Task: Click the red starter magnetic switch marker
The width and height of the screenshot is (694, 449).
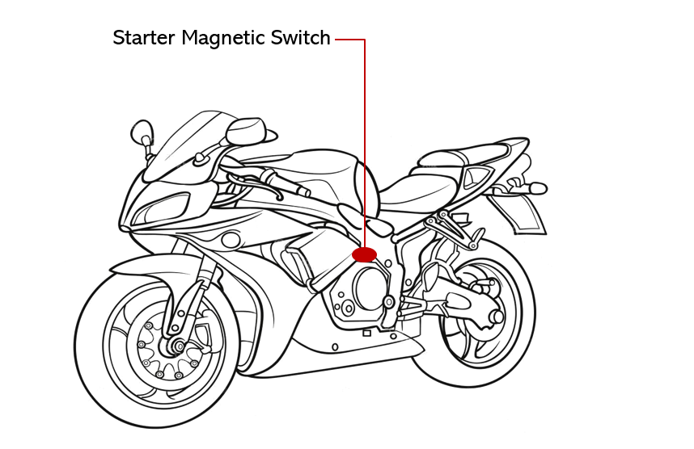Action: click(365, 255)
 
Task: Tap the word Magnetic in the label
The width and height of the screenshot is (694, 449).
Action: click(222, 38)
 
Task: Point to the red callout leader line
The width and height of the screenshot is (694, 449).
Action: click(365, 145)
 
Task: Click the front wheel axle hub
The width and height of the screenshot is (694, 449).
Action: click(174, 347)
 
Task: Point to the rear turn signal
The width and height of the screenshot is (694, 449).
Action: click(535, 188)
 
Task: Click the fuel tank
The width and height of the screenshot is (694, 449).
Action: click(324, 174)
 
